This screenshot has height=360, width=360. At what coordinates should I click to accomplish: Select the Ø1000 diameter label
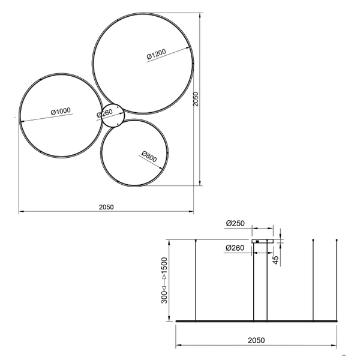[x=61, y=111]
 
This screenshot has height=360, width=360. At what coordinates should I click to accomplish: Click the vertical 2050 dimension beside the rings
[x=196, y=99]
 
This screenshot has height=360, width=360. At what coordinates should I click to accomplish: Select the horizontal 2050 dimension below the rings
[x=106, y=206]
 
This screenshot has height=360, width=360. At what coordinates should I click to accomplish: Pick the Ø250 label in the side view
[x=236, y=223]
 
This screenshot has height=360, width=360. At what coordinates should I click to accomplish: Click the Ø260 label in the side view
[x=236, y=248]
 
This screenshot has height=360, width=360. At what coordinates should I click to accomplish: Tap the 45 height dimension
[x=275, y=259]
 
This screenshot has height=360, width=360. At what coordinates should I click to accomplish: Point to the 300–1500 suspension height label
[x=163, y=280]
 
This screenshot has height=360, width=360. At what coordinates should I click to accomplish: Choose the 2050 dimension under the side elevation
[x=256, y=340]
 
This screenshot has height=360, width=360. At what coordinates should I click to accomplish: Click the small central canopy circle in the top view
[x=113, y=116]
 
